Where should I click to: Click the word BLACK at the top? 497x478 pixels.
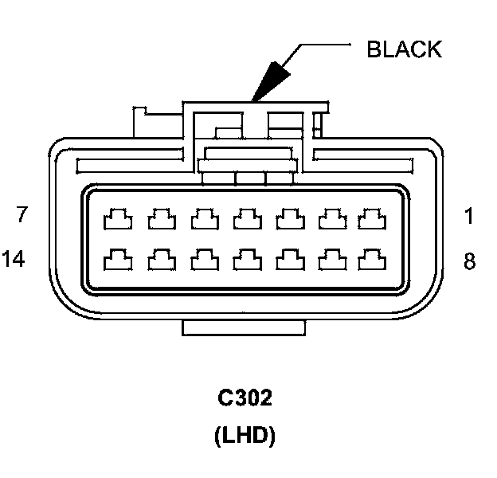[403, 49]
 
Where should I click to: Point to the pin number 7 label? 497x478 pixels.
[22, 215]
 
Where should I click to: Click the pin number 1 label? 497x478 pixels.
[469, 215]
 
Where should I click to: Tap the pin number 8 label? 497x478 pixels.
[469, 260]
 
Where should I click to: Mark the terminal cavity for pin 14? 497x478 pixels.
[119, 258]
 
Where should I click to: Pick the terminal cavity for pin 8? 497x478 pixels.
[371, 258]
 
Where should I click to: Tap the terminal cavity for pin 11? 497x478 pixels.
[245, 258]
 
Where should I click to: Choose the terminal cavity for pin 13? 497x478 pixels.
[161, 258]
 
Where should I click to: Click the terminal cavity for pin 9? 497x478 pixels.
[329, 258]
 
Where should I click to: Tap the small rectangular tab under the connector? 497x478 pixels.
[243, 327]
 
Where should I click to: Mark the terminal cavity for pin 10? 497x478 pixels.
[287, 258]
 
